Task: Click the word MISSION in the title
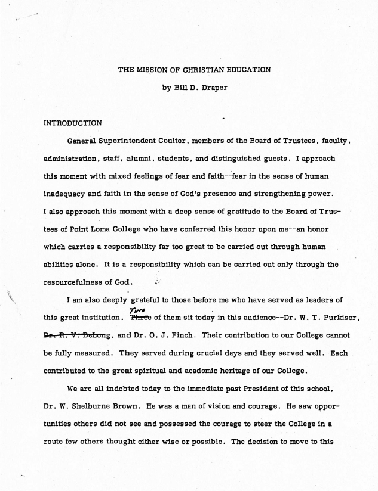tap(150, 70)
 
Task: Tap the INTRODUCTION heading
tap(73, 123)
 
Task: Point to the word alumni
tap(161, 159)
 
